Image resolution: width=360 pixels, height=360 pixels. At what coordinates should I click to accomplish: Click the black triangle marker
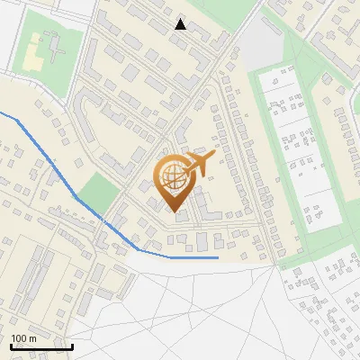coord(181,24)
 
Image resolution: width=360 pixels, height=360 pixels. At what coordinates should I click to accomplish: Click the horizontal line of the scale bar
coord(41,346)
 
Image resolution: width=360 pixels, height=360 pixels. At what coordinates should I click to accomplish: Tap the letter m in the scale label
coord(32,338)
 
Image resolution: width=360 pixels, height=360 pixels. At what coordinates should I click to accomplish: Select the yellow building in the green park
coord(33,53)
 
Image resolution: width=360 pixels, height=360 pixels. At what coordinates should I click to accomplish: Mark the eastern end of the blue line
coord(218,257)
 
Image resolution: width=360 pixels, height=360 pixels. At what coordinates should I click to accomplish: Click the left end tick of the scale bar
coord(11,345)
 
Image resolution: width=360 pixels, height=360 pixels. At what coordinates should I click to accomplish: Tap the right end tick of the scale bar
coord(72,345)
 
